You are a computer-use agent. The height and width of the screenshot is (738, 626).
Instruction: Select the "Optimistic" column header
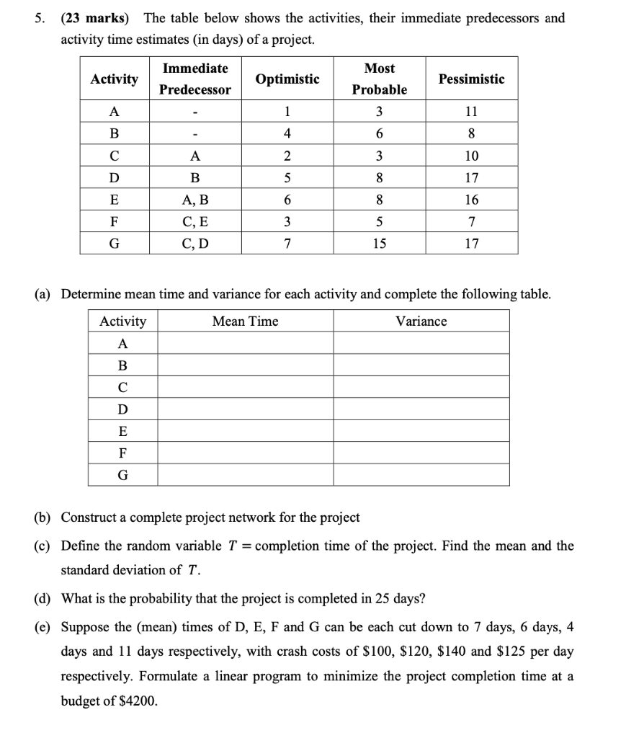[287, 79]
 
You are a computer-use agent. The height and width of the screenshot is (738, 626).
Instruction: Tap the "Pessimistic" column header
[472, 79]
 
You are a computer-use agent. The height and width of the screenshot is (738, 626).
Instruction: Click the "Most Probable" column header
[379, 79]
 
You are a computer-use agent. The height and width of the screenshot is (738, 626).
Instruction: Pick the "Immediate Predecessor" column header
[195, 79]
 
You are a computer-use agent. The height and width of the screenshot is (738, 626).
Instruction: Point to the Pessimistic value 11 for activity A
[472, 112]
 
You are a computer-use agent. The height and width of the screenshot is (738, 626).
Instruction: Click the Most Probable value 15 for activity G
[379, 244]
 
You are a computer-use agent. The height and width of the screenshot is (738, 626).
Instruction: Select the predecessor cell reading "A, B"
[195, 200]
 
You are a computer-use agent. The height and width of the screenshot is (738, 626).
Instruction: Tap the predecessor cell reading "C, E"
[195, 222]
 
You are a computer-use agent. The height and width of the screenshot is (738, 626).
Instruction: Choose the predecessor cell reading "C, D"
[195, 244]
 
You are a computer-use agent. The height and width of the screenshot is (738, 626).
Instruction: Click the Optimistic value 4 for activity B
[287, 134]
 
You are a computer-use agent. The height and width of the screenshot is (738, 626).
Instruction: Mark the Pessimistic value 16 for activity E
[472, 200]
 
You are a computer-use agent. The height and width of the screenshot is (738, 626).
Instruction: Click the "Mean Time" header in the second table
[245, 321]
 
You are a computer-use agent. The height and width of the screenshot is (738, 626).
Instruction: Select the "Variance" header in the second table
[421, 321]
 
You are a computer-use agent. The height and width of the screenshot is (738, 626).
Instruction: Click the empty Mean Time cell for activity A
[245, 344]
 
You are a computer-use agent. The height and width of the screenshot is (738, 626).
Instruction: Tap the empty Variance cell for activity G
[421, 476]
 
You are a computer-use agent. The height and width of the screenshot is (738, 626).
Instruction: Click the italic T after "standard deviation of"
[192, 570]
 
